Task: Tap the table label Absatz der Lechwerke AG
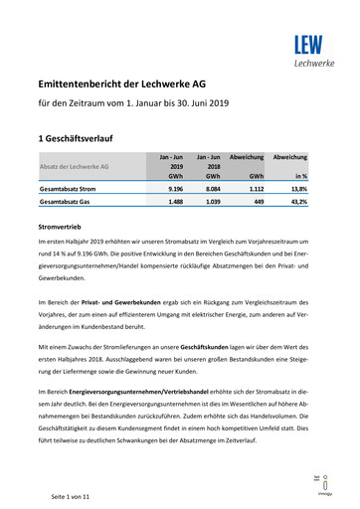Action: point(76,165)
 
